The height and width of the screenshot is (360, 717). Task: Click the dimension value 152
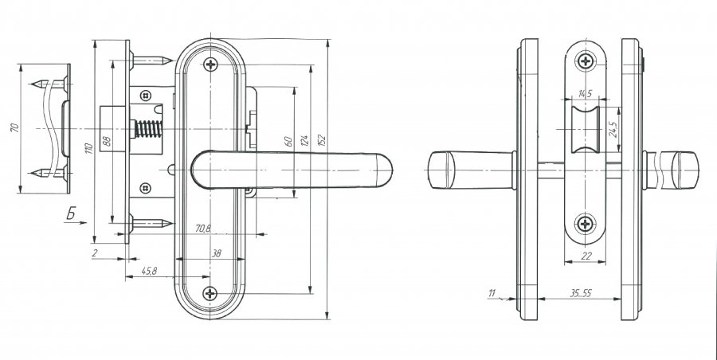click(x=321, y=140)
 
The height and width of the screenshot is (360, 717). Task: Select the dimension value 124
click(x=304, y=140)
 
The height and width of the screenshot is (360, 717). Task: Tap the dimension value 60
click(x=288, y=141)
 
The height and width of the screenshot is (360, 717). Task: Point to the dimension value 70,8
click(x=203, y=229)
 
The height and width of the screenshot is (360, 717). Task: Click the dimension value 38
click(x=216, y=253)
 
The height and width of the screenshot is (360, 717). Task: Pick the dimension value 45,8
click(x=149, y=271)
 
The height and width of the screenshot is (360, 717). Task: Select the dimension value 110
click(x=89, y=148)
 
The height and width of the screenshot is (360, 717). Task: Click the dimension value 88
click(x=107, y=140)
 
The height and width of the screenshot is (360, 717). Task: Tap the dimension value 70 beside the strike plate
click(x=14, y=127)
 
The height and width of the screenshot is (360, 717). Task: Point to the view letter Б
click(x=71, y=213)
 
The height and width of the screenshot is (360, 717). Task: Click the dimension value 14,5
click(x=585, y=94)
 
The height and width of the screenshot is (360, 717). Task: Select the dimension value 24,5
click(x=613, y=128)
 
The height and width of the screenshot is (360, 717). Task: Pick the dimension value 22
click(x=586, y=256)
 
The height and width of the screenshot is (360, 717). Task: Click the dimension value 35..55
click(x=581, y=293)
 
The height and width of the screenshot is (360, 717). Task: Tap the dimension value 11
click(x=492, y=293)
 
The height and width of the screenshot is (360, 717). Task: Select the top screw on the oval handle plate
click(x=210, y=65)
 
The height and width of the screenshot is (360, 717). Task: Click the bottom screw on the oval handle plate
click(x=210, y=293)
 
